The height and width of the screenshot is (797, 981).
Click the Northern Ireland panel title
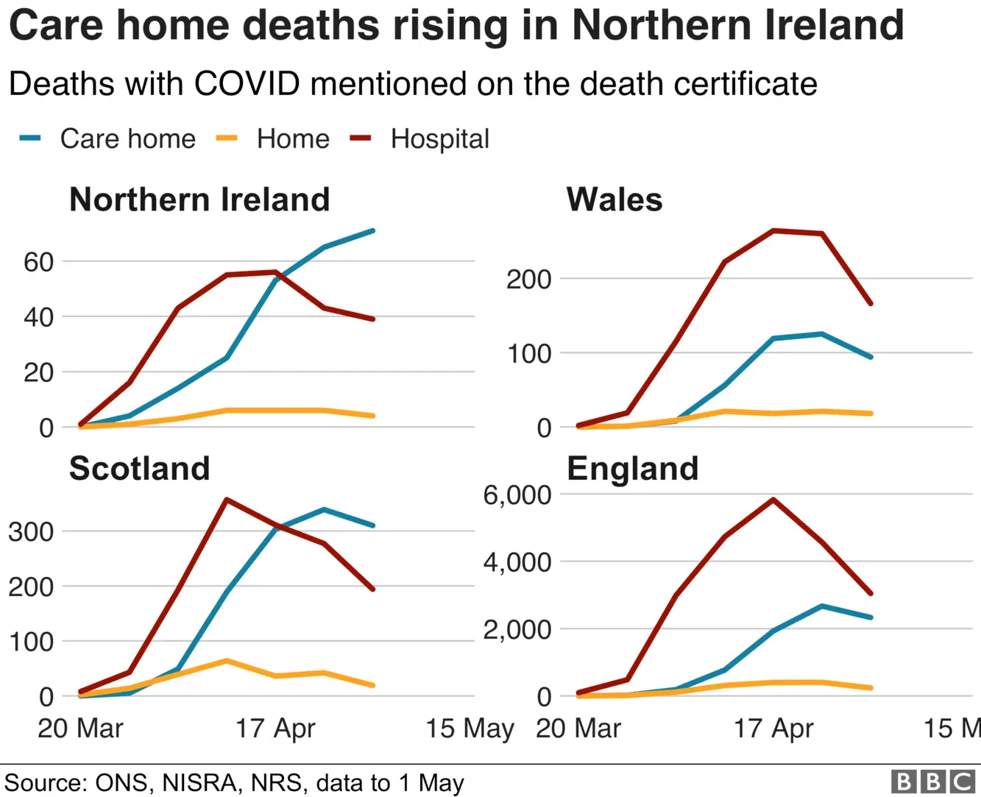coord(199,199)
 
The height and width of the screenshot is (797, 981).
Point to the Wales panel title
coord(615,199)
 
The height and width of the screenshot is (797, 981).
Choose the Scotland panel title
coord(140,469)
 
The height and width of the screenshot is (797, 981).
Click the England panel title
coord(633,469)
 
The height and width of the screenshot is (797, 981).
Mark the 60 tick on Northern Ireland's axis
coord(38,262)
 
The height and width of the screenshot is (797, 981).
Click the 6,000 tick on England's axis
coord(517,495)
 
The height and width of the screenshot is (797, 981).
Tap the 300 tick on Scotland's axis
coord(31,531)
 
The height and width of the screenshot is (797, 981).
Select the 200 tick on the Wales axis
coord(528,280)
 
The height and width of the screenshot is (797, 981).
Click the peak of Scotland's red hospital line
coord(227,500)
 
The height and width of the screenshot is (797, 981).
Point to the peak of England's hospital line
coord(773,500)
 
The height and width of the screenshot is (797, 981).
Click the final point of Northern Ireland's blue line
coord(373,231)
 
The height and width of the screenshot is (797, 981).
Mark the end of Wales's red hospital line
coord(871,303)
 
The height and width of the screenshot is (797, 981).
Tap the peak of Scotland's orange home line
coord(227,661)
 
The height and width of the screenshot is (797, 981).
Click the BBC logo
coord(932,782)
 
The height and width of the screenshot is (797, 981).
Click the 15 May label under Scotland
coord(470,729)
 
